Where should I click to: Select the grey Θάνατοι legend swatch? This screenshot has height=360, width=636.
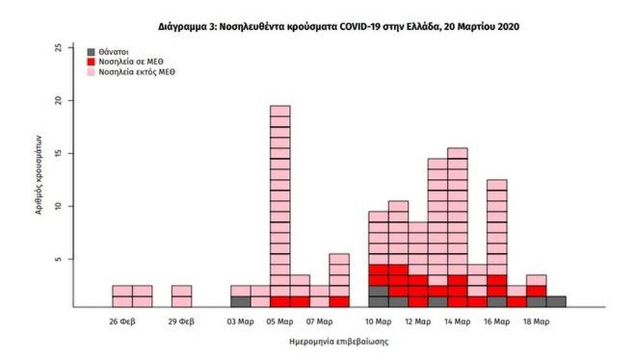[92, 52]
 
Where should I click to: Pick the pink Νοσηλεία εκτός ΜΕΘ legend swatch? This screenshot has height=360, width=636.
[92, 71]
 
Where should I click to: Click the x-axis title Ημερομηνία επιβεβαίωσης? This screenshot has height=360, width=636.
[338, 341]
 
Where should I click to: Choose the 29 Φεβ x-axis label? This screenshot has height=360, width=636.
[181, 322]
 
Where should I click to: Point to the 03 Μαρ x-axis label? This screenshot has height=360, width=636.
[241, 322]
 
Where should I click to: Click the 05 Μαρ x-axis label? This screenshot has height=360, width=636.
[280, 322]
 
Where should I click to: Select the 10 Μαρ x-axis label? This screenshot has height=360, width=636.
[378, 322]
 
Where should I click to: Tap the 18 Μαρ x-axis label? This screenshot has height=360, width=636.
[537, 322]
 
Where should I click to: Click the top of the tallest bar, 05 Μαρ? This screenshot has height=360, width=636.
[280, 107]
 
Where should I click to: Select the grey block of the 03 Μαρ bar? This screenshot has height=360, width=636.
[241, 302]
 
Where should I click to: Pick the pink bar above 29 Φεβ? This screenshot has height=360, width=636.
[181, 296]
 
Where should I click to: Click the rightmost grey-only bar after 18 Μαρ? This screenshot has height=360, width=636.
[556, 302]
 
